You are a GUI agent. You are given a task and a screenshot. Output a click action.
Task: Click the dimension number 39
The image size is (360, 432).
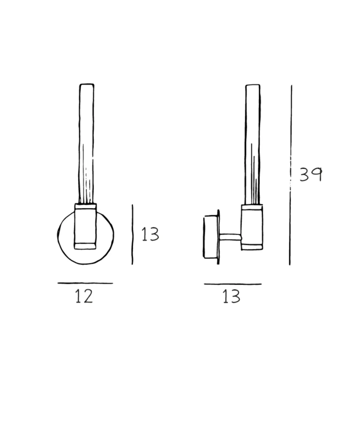click(311, 174)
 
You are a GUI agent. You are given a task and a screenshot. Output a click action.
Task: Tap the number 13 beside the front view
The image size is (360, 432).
click(150, 234)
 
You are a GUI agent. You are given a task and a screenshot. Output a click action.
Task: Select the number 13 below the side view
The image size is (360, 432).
click(231, 297)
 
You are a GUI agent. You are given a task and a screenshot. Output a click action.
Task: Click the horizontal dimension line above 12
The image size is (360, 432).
click(85, 283)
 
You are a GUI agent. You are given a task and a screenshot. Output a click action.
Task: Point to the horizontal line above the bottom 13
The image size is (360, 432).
click(232, 284)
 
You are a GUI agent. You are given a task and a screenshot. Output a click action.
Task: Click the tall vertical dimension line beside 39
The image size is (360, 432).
click(290, 175)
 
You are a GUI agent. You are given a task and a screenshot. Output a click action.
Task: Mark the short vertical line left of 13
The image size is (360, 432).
click(132, 234)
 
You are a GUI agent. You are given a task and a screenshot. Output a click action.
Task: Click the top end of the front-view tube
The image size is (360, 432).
click(87, 84)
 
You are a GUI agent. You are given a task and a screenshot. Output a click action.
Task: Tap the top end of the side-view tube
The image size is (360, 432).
click(253, 85)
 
